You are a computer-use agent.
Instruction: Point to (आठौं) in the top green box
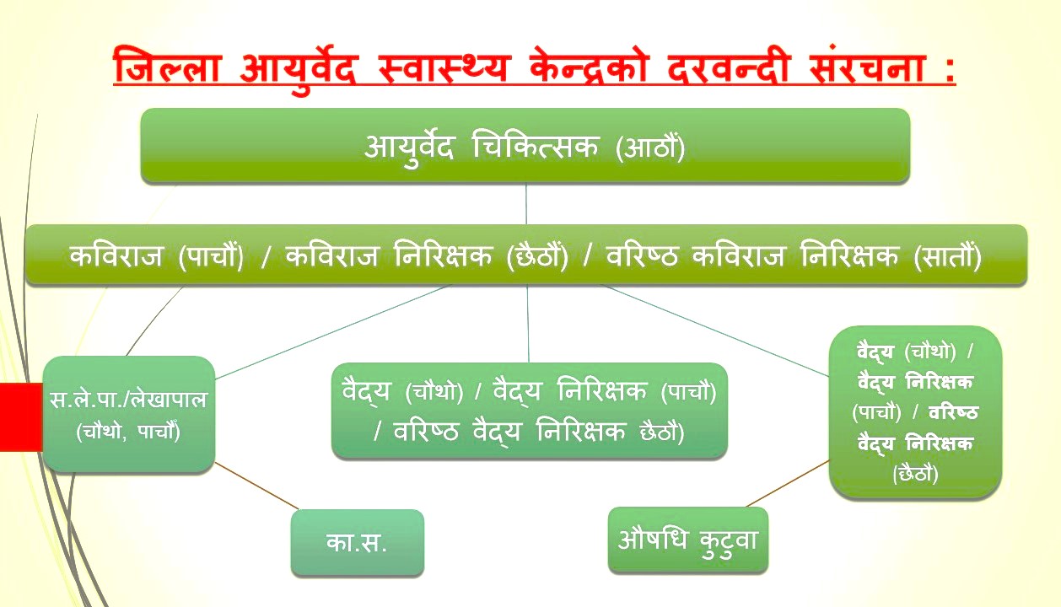(650, 148)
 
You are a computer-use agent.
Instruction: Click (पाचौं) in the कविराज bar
(211, 256)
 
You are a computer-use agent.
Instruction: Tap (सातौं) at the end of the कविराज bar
(948, 256)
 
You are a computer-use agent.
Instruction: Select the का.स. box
(357, 542)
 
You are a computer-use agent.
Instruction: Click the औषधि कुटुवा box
(687, 540)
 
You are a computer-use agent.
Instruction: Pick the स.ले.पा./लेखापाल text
(128, 400)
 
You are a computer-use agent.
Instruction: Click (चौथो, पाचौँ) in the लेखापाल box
(128, 431)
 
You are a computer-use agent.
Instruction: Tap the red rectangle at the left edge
(21, 416)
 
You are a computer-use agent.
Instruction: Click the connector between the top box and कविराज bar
(526, 203)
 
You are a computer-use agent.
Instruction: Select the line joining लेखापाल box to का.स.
(257, 486)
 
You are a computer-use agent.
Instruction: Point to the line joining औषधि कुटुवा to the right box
(789, 483)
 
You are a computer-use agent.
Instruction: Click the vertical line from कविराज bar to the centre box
(528, 324)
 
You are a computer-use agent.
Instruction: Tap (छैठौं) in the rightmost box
(915, 474)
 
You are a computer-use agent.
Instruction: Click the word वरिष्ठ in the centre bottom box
(426, 432)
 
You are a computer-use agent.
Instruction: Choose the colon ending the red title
(949, 71)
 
